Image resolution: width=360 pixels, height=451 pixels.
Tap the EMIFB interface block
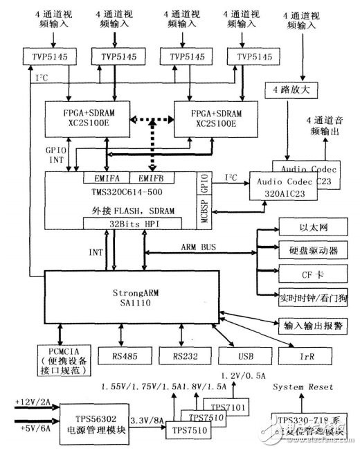tap(150, 178)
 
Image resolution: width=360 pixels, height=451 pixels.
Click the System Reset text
tap(302, 387)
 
